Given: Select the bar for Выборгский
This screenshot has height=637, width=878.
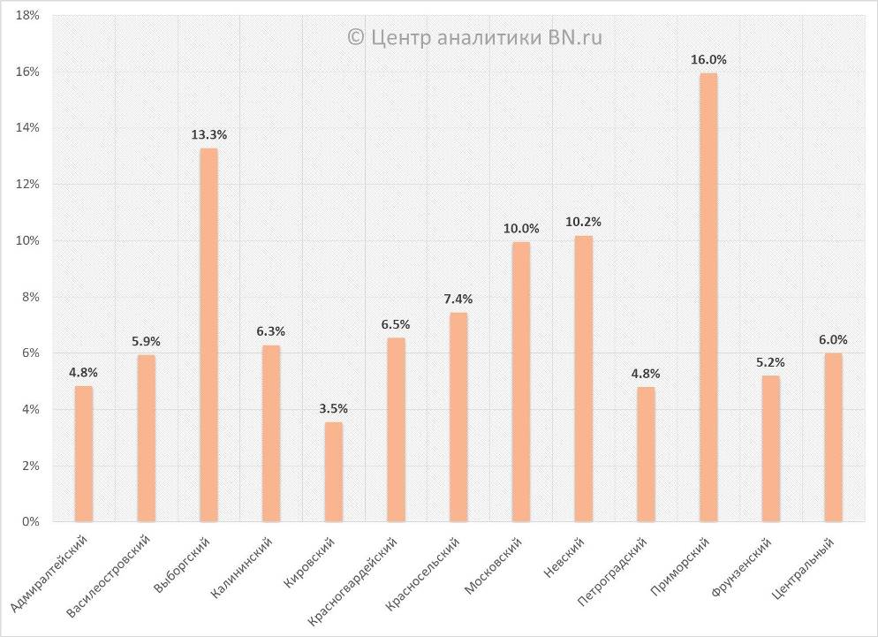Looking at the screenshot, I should point(208,335).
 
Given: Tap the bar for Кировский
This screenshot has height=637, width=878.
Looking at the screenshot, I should point(333,472).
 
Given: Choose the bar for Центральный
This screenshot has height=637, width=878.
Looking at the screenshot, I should point(833,437).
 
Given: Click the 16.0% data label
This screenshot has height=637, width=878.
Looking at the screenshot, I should point(709,60).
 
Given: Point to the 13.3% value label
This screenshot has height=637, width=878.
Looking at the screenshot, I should point(209,135).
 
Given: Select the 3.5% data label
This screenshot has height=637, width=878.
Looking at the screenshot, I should point(333,408).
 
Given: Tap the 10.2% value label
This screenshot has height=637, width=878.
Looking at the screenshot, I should point(583,223).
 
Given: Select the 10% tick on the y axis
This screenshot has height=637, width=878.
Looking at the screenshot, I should point(27,241).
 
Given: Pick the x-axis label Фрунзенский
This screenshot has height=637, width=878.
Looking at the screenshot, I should point(741,570).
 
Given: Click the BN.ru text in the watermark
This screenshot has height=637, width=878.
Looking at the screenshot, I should point(579,37).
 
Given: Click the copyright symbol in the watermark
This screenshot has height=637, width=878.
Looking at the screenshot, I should point(355,37).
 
